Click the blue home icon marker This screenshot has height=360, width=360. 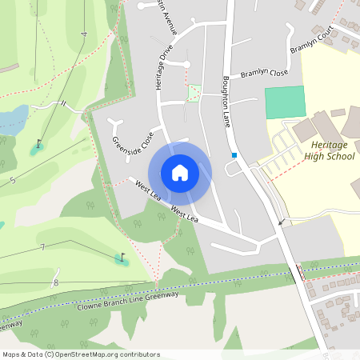click(x=180, y=172)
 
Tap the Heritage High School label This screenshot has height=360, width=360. click(x=329, y=150)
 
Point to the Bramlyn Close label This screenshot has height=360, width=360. click(x=264, y=74)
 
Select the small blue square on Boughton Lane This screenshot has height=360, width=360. click(x=234, y=154)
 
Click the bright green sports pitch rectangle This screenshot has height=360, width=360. click(x=285, y=102)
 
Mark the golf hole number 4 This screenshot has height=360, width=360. click(x=83, y=34)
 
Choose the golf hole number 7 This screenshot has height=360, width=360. click(x=42, y=247)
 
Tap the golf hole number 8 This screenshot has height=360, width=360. click(x=55, y=282)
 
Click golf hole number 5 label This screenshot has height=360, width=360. click(x=13, y=181)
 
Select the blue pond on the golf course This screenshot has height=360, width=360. click(x=13, y=120)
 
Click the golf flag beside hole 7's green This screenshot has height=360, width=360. click(x=122, y=258)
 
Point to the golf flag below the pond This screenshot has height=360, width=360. click(x=38, y=146)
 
